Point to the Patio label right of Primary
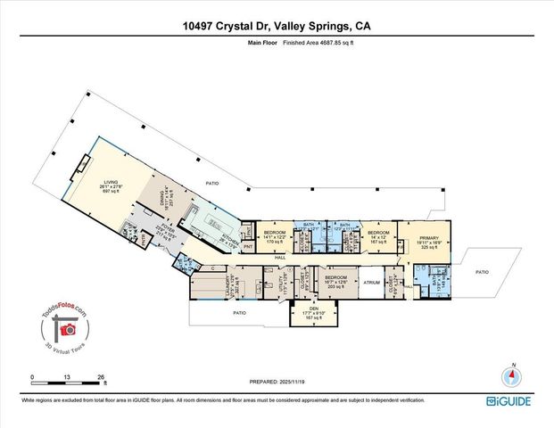click(x=482, y=272)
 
